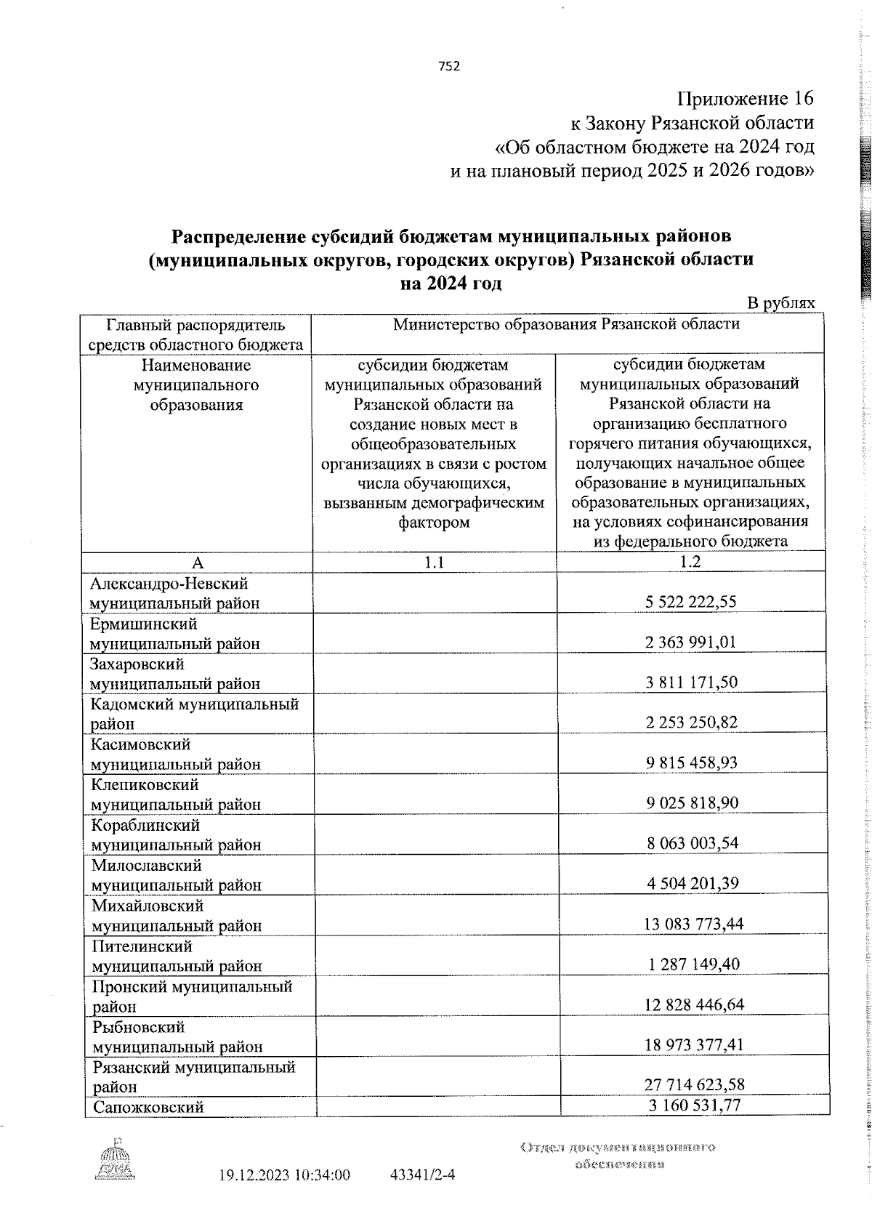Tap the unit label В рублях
click(x=781, y=303)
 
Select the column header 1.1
click(x=434, y=562)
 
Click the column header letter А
click(x=197, y=562)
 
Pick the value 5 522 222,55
click(x=690, y=602)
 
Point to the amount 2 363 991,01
click(x=690, y=643)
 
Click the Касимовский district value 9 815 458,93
click(x=690, y=763)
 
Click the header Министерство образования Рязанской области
click(x=566, y=324)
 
